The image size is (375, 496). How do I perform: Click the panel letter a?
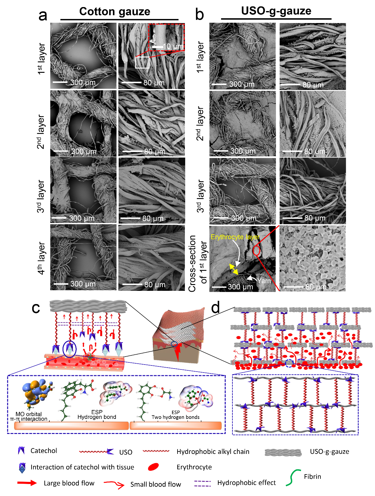pyautogui.click(x=43, y=15)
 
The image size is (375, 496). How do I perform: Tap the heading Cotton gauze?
pyautogui.click(x=115, y=11)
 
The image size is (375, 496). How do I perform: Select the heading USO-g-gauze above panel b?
pyautogui.click(x=276, y=11)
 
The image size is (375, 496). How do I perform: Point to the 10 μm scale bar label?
pyautogui.click(x=173, y=46)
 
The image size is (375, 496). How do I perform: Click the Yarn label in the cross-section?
pyautogui.click(x=264, y=280)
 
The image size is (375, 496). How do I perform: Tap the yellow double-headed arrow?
pyautogui.click(x=234, y=269)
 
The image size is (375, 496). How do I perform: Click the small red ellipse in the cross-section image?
pyautogui.click(x=256, y=250)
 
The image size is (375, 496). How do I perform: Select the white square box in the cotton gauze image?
pyautogui.click(x=142, y=62)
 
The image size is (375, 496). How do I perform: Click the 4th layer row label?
pyautogui.click(x=41, y=258)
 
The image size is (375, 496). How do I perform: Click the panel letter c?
pyautogui.click(x=36, y=308)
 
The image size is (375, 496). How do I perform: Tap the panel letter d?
pyautogui.click(x=215, y=307)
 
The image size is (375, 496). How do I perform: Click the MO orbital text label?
pyautogui.click(x=29, y=414)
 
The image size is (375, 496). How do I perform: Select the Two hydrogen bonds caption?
pyautogui.click(x=175, y=417)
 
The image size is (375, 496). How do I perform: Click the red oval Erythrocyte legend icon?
pyautogui.click(x=153, y=467)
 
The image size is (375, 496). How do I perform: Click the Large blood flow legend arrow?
pyautogui.click(x=27, y=483)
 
